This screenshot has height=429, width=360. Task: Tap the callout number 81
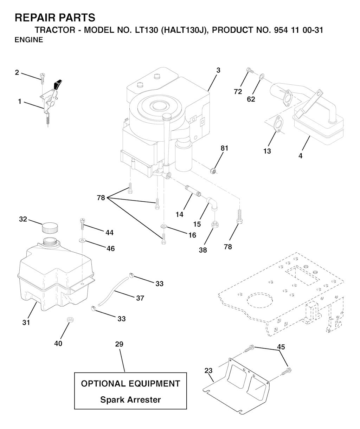coord(224,148)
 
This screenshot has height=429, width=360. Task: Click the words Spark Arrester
coord(130,399)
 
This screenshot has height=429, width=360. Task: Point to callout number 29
coord(119,344)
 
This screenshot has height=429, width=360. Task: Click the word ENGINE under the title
coord(29,40)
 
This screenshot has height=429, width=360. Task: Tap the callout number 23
coord(208,370)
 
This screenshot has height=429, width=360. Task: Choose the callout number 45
coord(281,347)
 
